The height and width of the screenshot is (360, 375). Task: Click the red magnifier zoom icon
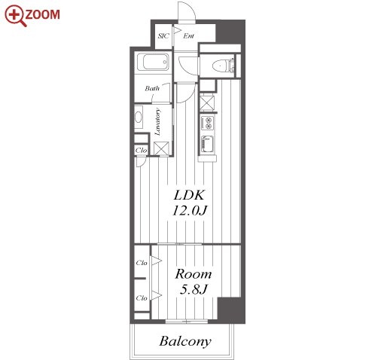[15, 15]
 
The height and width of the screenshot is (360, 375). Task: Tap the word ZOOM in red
[42, 14]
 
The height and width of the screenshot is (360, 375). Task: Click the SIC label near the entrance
[163, 36]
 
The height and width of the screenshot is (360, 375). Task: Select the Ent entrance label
[188, 36]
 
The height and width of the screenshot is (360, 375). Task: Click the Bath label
[152, 88]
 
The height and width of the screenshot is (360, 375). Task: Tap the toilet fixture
[223, 66]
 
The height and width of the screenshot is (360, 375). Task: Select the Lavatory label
[157, 122]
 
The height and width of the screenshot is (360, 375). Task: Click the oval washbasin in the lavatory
[139, 117]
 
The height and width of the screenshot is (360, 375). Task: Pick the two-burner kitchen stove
[208, 123]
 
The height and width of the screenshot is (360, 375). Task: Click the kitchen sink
[208, 144]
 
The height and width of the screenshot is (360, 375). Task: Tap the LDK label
[189, 195]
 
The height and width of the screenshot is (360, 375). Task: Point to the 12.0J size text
[190, 210]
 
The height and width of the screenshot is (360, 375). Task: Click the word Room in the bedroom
[194, 274]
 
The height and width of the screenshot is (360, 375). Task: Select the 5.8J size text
[194, 289]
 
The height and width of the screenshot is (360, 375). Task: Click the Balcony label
[185, 341]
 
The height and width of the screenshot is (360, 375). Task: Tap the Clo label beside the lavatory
[141, 151]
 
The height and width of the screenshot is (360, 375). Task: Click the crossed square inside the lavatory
[161, 148]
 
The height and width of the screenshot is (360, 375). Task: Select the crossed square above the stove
[207, 103]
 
